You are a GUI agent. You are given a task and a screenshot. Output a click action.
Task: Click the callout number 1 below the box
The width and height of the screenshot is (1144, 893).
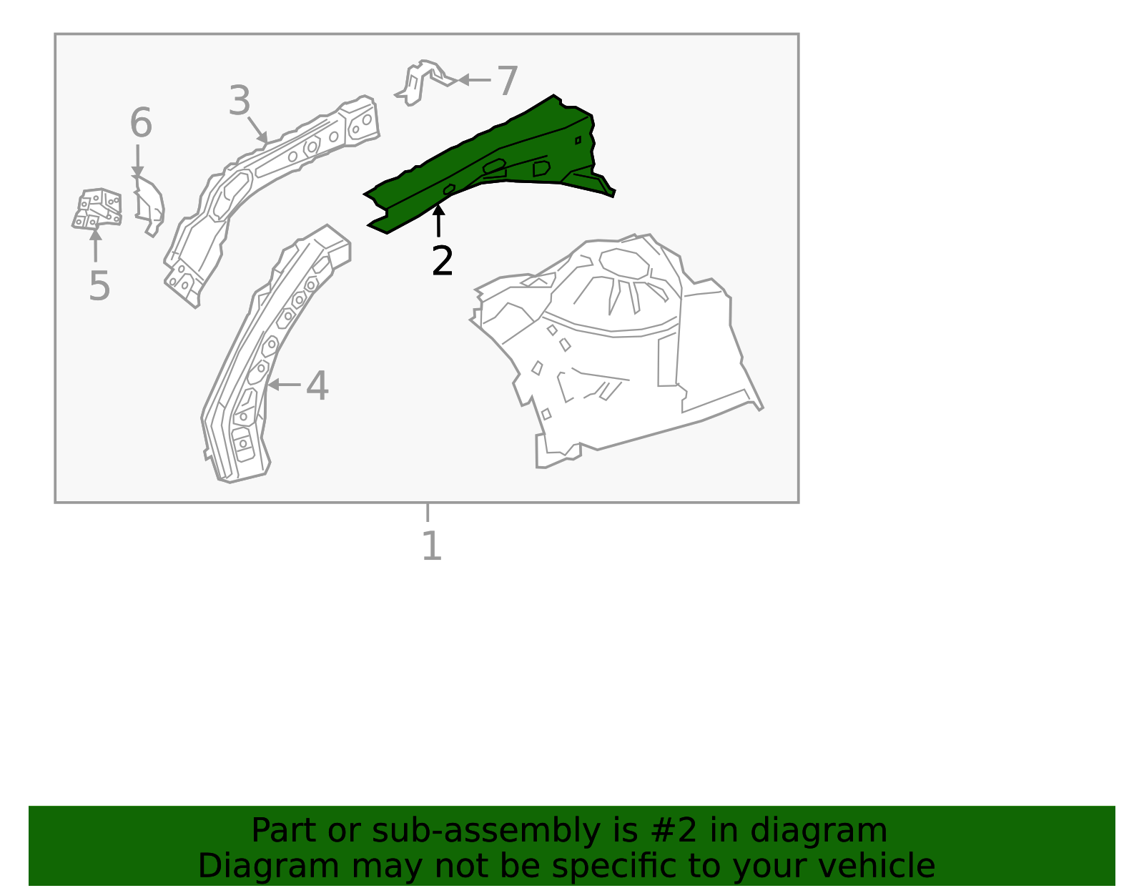[x=431, y=546]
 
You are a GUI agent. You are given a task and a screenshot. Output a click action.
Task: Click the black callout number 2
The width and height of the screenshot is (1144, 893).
[x=442, y=261]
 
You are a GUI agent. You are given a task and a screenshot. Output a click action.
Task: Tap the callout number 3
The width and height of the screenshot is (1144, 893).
[x=240, y=101]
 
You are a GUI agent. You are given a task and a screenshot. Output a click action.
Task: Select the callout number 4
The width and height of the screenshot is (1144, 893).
[x=317, y=386]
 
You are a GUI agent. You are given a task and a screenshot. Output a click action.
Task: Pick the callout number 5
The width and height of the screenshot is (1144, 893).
[x=99, y=287]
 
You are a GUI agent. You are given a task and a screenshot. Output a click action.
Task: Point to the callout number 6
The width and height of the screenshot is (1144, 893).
[x=140, y=123]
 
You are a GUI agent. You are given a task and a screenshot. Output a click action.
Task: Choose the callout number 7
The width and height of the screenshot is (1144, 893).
[x=507, y=81]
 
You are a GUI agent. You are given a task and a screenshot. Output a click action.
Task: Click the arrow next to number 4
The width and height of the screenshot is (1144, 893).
[x=282, y=385]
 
